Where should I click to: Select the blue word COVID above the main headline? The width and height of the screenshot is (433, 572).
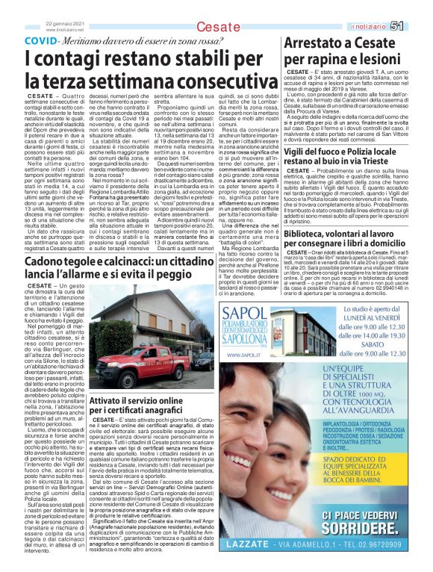pyautogui.click(x=41, y=40)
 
